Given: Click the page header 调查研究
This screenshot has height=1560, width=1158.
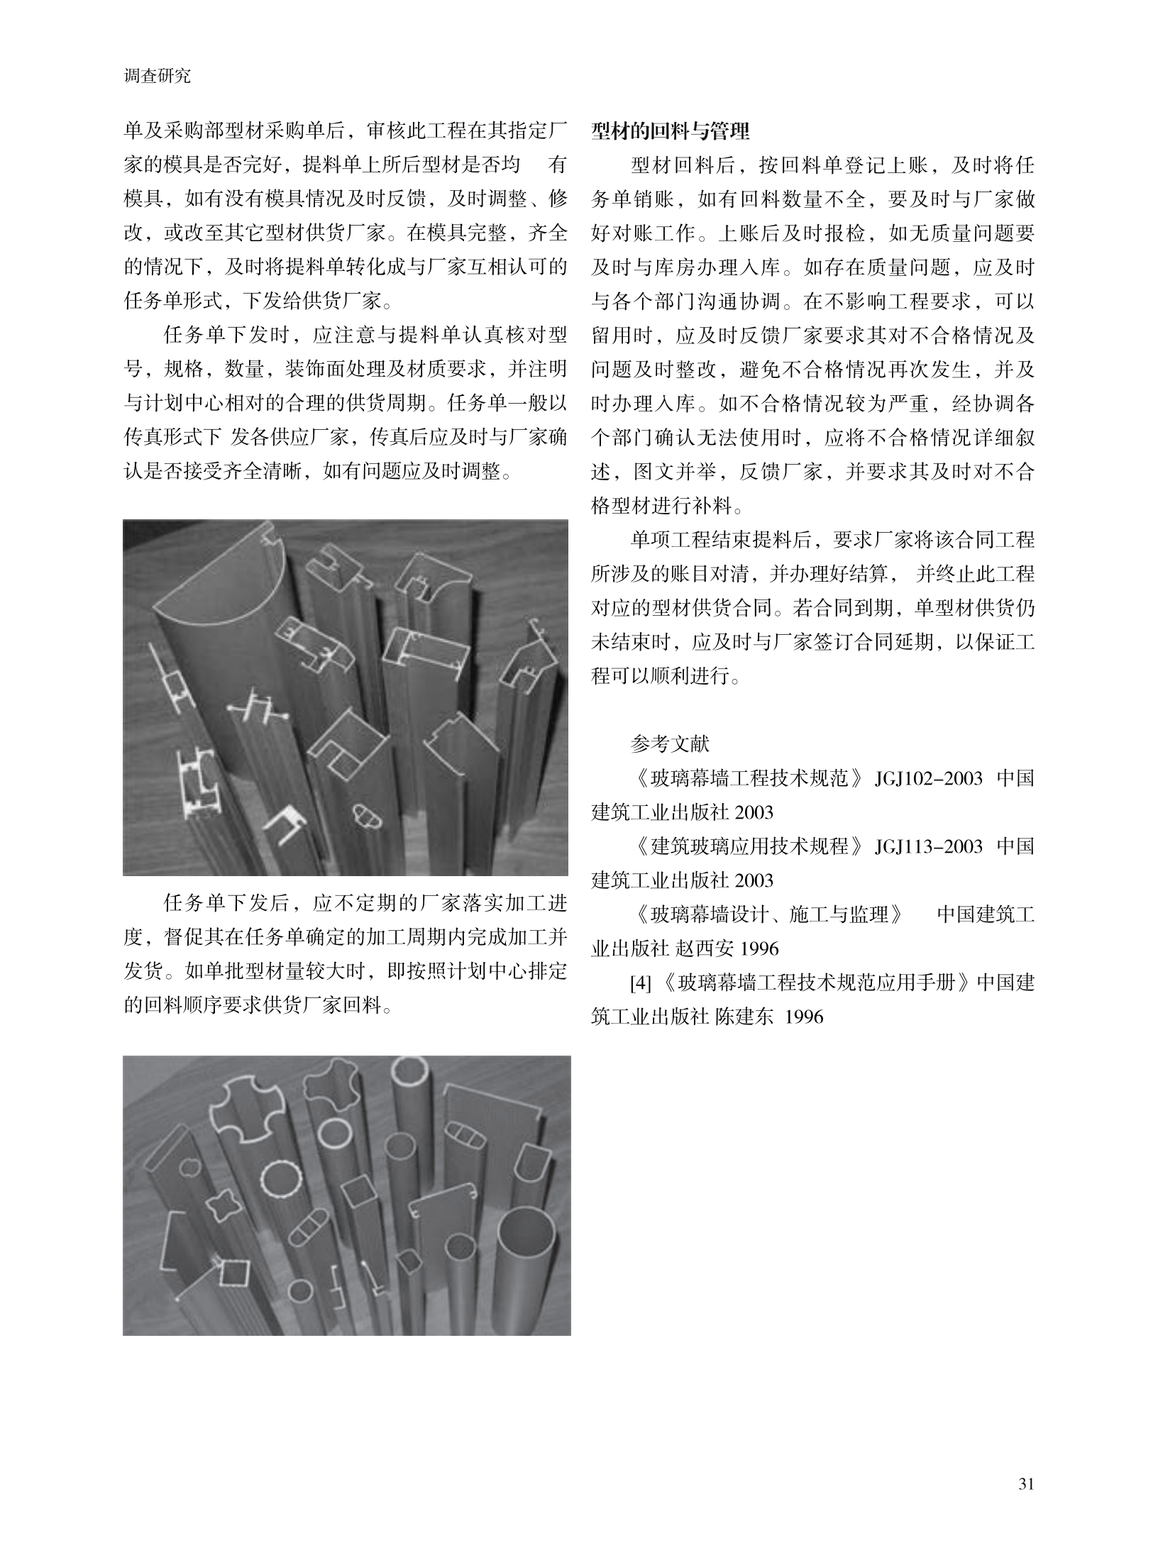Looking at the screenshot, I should tap(157, 77).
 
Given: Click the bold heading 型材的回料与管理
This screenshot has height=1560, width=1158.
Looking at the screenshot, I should tap(670, 132).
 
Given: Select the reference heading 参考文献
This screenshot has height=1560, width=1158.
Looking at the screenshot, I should tap(670, 744).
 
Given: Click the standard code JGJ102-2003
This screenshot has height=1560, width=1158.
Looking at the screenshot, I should tap(928, 778).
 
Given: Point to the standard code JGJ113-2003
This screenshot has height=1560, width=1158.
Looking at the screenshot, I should tap(928, 846).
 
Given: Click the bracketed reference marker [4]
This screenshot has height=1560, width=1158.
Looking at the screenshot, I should tap(641, 983).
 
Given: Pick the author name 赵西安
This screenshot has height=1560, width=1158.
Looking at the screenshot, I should tap(714, 948).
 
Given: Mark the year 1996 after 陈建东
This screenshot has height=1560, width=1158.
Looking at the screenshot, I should tap(805, 1017).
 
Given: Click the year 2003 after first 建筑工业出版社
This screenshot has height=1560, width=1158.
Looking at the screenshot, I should tap(754, 812).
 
